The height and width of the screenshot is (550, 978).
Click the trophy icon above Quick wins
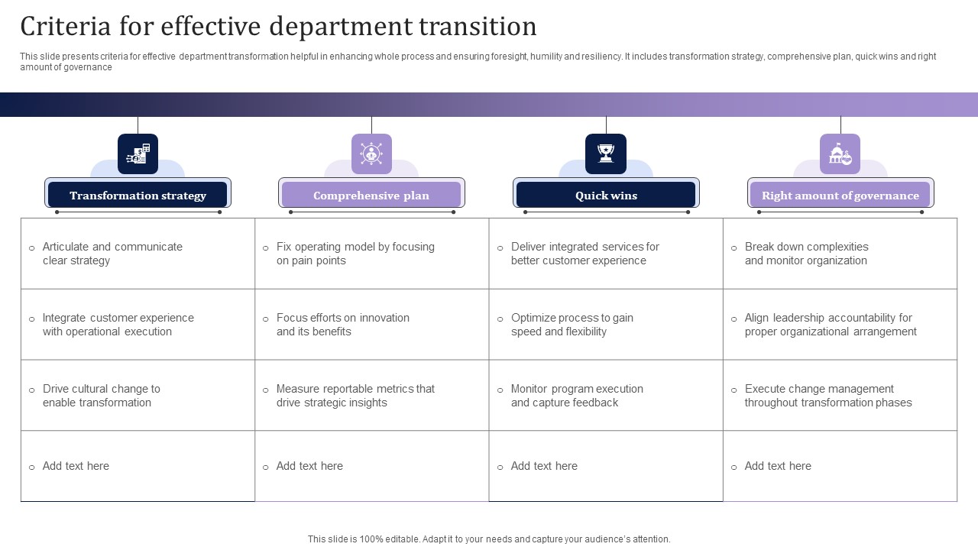click(x=606, y=154)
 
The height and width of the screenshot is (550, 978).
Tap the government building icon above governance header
click(x=840, y=154)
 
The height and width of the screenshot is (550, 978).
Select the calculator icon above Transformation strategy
click(x=138, y=154)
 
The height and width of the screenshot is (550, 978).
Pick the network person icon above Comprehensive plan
click(x=371, y=154)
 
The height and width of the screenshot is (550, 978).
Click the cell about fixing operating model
click(x=372, y=254)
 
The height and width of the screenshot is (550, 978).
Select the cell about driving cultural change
click(x=138, y=396)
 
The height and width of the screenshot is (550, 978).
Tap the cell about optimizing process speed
click(x=606, y=325)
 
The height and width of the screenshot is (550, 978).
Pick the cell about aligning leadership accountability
click(x=840, y=325)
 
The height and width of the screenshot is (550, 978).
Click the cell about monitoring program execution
click(x=606, y=396)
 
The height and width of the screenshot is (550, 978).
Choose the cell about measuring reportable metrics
click(x=372, y=396)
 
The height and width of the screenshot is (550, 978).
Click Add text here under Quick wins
click(x=544, y=466)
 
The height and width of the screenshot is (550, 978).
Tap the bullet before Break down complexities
click(x=734, y=248)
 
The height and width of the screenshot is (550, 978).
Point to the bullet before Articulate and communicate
click(x=31, y=248)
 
